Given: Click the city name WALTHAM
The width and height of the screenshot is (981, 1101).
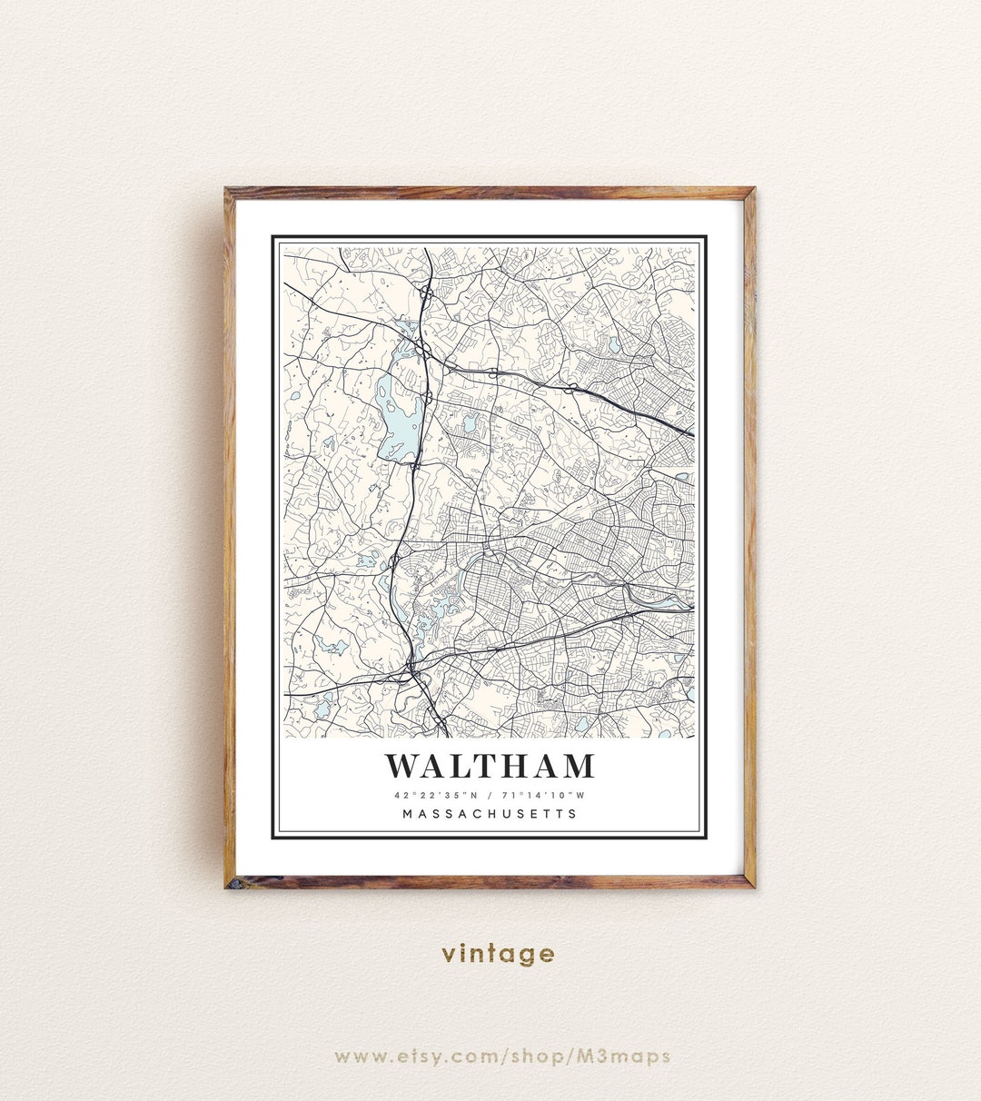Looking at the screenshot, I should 490,766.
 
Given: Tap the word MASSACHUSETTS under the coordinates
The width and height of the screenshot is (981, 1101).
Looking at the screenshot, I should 490,814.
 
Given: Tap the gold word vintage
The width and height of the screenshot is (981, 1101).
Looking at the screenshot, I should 498,954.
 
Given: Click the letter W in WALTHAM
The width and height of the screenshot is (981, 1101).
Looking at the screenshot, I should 403,766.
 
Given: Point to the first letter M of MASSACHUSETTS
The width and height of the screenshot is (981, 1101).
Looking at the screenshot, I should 408,814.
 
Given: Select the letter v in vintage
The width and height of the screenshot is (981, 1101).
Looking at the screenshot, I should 448,955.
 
